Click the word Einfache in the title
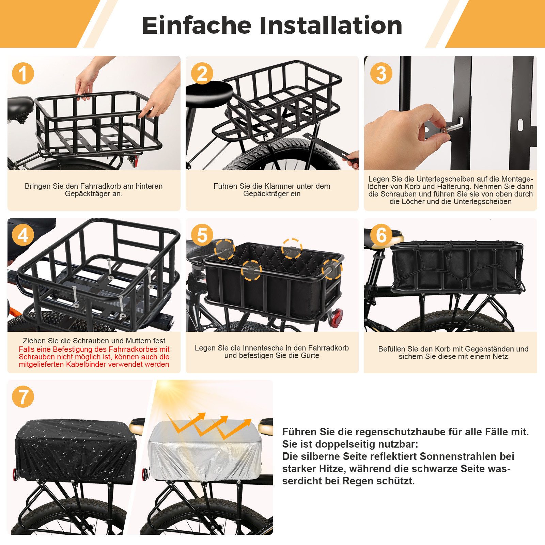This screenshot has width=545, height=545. click(x=197, y=26)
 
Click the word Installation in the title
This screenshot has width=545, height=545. click(x=331, y=26)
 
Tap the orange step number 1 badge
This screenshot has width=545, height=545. click(x=23, y=73)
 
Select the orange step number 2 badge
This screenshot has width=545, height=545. click(x=202, y=73)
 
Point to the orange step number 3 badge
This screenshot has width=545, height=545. click(x=381, y=73)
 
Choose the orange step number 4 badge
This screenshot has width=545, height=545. click(x=23, y=235)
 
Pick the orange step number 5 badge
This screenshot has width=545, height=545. click(x=202, y=235)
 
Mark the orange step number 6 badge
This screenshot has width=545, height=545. click(x=381, y=235)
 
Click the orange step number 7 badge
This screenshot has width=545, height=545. click(x=23, y=396)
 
